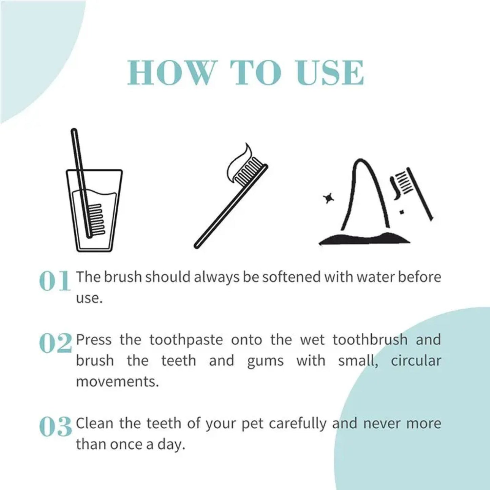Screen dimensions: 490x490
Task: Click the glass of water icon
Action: pos(94,210)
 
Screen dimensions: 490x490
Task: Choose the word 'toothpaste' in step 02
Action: pos(186,340)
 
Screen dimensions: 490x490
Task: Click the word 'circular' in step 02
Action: pos(416,360)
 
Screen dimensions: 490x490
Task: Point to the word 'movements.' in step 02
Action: pos(117,382)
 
